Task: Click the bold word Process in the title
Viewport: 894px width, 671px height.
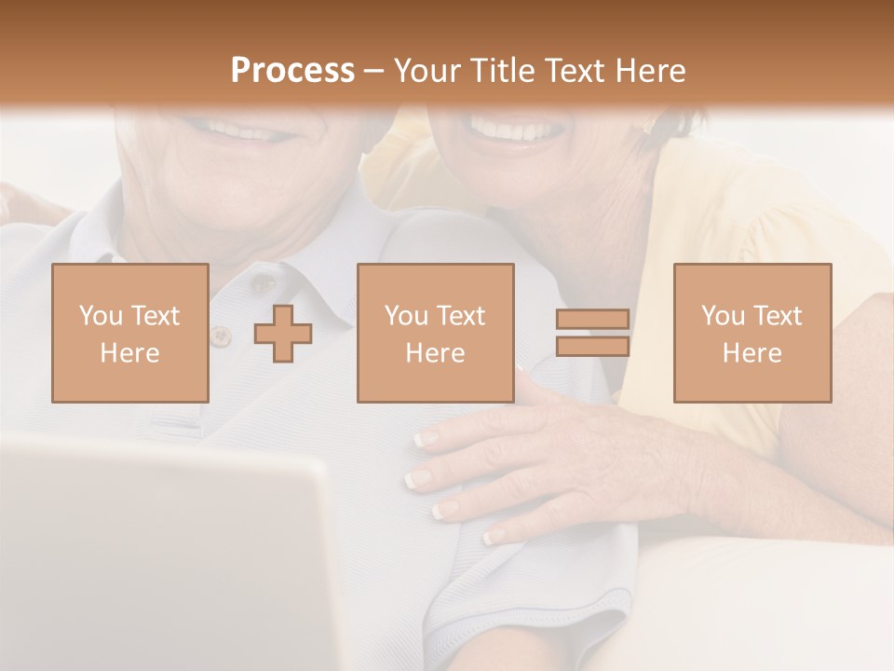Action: [292, 71]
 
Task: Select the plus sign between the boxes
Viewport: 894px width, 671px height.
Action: [283, 334]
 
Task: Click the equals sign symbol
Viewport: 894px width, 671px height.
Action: [592, 334]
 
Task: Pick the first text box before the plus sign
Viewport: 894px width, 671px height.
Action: [130, 334]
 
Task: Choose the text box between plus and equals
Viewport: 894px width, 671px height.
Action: [436, 334]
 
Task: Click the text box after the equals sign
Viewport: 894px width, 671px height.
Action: [752, 334]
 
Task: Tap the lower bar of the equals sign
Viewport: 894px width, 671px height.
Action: [592, 347]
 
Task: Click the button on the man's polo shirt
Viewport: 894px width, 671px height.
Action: [221, 335]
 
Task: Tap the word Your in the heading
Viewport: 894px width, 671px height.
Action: [428, 71]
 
